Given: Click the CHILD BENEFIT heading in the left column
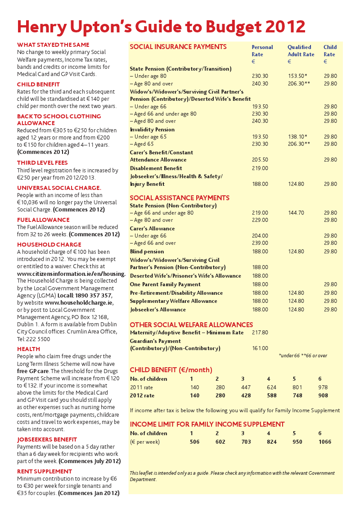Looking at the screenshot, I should [x=38, y=84].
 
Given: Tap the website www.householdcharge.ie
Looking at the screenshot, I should [x=79, y=302].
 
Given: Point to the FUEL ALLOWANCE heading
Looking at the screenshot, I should [x=43, y=220].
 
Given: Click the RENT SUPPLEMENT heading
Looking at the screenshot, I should [x=45, y=471].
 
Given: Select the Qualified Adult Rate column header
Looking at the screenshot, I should [x=301, y=51].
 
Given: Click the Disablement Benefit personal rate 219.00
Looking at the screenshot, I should [x=260, y=168].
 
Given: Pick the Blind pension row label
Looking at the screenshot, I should [x=147, y=252].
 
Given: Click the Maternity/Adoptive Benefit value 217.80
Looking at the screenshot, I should [x=260, y=333].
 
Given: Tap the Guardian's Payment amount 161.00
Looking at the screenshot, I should [x=260, y=348].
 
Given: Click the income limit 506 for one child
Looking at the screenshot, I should [x=194, y=441].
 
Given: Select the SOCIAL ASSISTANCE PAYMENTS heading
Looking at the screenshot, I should [x=179, y=198].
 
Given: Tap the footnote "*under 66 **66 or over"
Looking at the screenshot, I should [x=303, y=356].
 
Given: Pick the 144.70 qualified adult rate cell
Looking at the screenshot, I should [x=296, y=213].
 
